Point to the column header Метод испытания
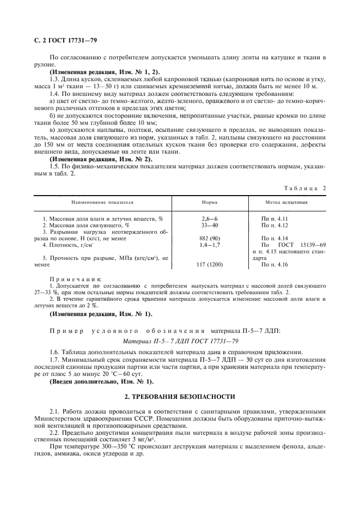286,202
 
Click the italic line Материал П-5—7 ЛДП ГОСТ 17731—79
180,342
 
